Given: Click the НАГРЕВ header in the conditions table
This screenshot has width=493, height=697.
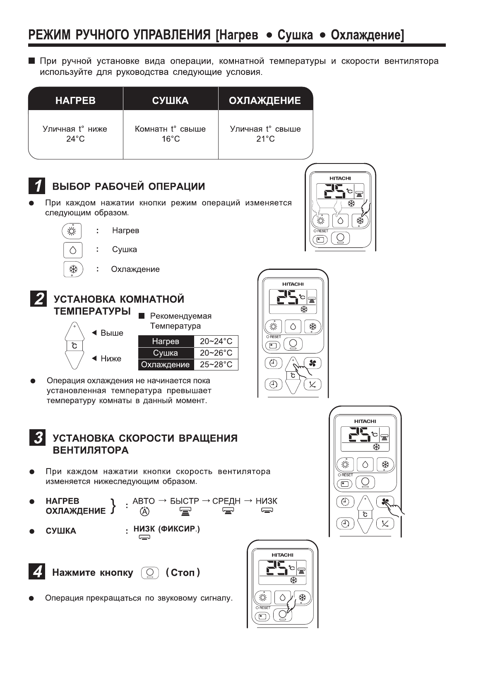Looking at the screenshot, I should tap(75, 101).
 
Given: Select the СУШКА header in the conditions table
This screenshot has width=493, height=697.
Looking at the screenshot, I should tap(170, 101).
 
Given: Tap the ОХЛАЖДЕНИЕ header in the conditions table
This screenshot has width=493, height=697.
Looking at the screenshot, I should tap(265, 101).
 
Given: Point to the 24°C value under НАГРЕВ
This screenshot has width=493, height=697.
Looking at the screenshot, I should tap(75, 139).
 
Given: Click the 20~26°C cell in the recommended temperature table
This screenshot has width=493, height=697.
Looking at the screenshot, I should tap(216, 353).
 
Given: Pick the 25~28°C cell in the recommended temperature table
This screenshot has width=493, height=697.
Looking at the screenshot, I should tap(216, 365).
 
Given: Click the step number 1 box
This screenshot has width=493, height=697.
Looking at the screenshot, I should tap(37, 186).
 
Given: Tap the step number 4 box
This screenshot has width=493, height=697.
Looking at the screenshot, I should tap(37, 572).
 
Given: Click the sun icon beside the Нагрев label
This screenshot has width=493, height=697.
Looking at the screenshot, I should tap(72, 231).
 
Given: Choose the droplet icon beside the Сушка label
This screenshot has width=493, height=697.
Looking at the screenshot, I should tap(73, 250).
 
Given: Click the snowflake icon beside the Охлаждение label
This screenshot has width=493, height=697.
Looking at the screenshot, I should tap(73, 269).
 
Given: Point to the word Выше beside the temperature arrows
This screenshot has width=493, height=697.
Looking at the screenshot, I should tap(112, 333).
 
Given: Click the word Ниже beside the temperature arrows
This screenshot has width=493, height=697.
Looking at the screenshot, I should tap(111, 359).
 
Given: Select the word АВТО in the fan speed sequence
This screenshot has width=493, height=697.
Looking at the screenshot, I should tap(144, 501).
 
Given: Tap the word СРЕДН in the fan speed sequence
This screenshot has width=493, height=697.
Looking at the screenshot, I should tap(226, 501).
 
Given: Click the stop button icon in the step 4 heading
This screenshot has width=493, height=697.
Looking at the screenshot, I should tap(150, 573).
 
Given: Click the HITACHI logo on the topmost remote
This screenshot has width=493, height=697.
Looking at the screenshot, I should tap(340, 178).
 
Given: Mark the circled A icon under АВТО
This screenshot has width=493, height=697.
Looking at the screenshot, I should tap(144, 512).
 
